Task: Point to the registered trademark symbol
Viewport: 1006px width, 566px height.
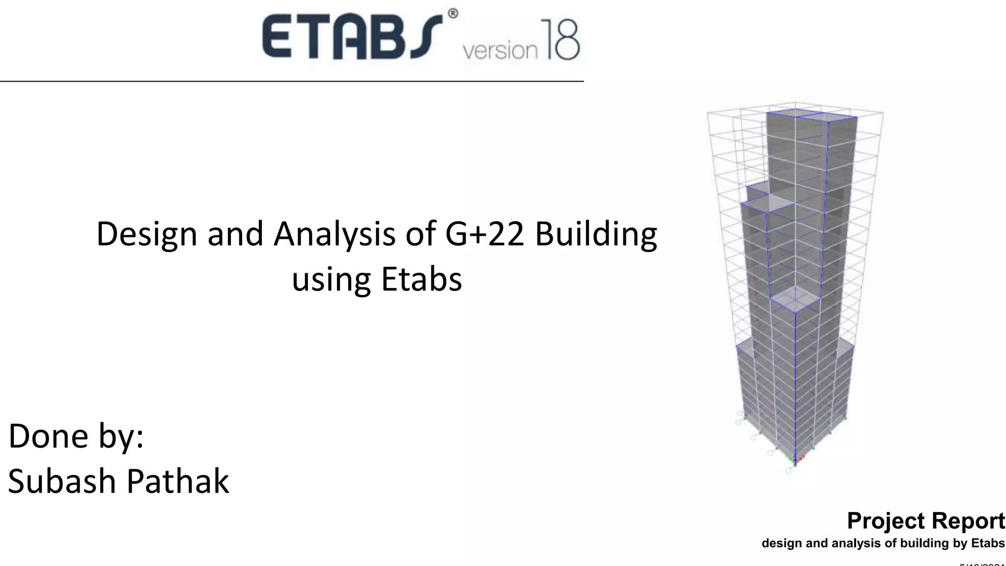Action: [452, 14]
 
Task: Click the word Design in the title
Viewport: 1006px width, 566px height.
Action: [146, 234]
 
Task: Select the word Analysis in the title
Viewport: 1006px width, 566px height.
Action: [334, 234]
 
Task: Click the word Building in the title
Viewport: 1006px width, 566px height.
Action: [596, 235]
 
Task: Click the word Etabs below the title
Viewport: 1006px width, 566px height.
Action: [421, 279]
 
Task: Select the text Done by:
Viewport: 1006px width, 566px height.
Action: [76, 436]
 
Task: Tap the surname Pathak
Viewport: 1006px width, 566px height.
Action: [178, 481]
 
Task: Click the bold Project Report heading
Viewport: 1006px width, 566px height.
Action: [926, 521]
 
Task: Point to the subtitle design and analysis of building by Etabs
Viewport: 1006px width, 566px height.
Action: [883, 543]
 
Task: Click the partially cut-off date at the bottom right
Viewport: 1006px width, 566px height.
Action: [982, 564]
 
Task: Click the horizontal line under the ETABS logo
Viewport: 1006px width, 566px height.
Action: [292, 81]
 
